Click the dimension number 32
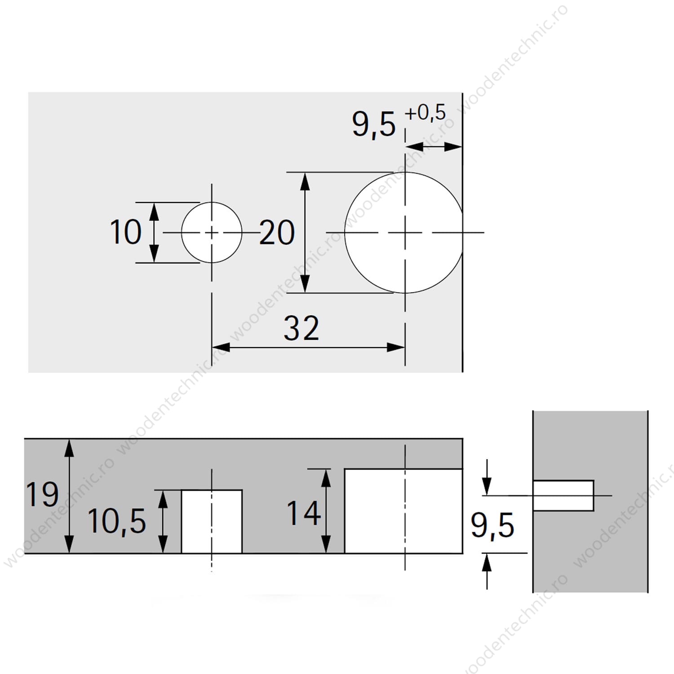coord(302,328)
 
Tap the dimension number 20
coord(277,232)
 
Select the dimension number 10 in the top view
coord(125,232)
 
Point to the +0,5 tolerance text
coord(425,112)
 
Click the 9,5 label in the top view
coord(374,124)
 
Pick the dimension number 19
coord(42,494)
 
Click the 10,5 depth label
coord(117,521)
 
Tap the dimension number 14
coord(304,513)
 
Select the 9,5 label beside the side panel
coord(492,525)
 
